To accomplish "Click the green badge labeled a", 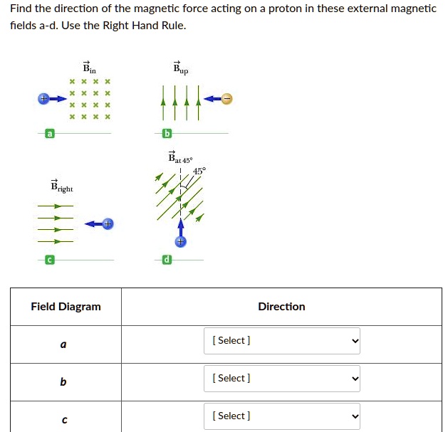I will point(49,134).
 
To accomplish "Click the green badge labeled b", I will point(167,134).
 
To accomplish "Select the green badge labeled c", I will point(49,260).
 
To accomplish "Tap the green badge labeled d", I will point(167,260).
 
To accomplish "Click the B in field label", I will point(89,68).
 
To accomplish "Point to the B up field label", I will point(181,68).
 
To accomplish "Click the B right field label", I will point(61,187).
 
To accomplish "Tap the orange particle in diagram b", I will point(226,99).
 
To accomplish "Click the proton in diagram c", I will point(107,224).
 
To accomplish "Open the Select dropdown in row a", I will point(281,340).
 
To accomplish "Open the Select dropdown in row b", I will point(281,378).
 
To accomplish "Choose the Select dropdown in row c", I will point(281,416).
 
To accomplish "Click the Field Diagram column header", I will point(66,307).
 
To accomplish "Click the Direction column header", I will point(281,307).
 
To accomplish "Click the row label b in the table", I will point(63,382).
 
